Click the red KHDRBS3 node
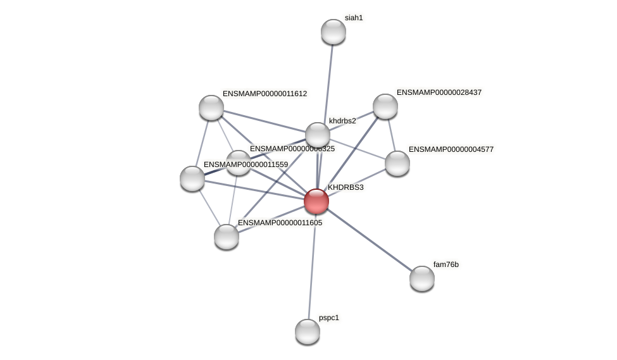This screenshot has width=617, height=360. coord(316,201)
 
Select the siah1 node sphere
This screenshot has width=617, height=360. coord(333,32)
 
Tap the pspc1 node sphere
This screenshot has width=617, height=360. coord(308,332)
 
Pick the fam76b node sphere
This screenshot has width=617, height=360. coord(422,278)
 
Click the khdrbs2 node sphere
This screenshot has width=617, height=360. coord(318,135)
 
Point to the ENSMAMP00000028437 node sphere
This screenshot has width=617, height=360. coord(385,106)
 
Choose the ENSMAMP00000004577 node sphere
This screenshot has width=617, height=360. coord(397,163)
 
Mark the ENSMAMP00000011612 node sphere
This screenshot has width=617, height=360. coord(211,108)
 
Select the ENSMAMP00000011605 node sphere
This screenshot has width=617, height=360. coord(227,237)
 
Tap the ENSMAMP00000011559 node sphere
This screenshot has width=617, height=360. coord(192,178)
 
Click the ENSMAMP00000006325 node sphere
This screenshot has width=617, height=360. coord(239,163)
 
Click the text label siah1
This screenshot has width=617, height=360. coord(354,18)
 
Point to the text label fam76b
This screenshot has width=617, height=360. coord(446,264)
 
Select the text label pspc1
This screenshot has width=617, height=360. coord(329,318)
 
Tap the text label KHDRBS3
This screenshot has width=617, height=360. coord(346,187)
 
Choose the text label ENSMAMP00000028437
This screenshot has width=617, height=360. coord(439,92)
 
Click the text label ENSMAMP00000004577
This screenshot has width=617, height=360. coord(451,149)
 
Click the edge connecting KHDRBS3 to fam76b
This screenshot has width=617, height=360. coord(370,240)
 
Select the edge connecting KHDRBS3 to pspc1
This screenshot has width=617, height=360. coord(312,266)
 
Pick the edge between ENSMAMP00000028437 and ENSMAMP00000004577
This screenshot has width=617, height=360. coord(391,135)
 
